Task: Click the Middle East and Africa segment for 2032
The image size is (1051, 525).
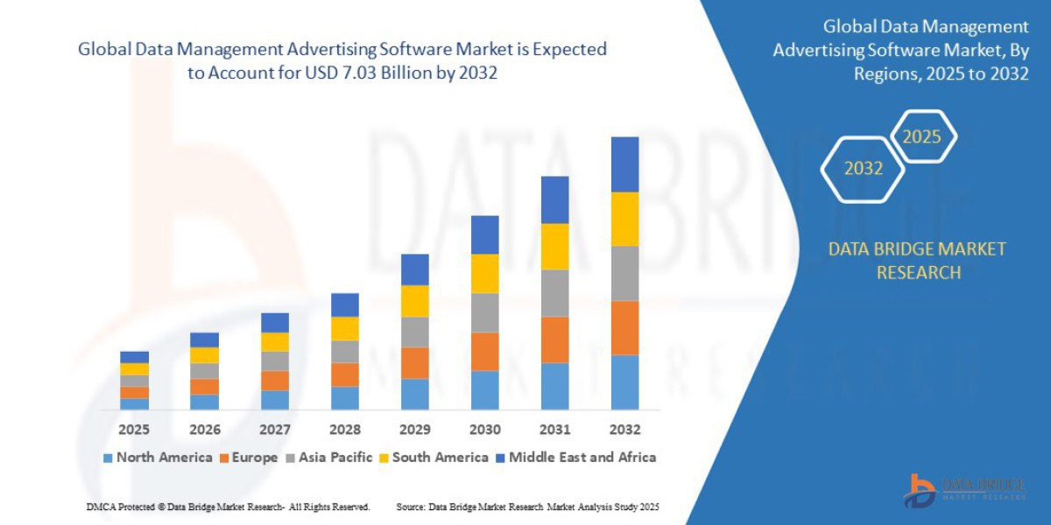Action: tap(624, 164)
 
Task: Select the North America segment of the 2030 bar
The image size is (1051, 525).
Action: tap(484, 390)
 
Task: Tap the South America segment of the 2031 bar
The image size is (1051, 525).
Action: tap(554, 246)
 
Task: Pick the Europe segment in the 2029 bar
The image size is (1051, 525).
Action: tap(414, 363)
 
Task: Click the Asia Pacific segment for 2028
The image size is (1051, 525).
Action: tap(344, 352)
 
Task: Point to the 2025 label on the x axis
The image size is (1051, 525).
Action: tap(134, 430)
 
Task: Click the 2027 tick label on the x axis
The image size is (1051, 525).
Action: tap(274, 430)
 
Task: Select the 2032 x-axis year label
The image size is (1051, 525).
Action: tap(624, 430)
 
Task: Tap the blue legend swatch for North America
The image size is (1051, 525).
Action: tap(108, 458)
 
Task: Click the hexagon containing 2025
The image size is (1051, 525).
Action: tap(921, 137)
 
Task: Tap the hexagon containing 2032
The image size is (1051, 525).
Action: tap(863, 169)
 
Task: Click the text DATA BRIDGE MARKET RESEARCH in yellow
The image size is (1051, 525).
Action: tap(917, 261)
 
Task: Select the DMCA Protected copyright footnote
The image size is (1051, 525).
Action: tap(228, 507)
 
